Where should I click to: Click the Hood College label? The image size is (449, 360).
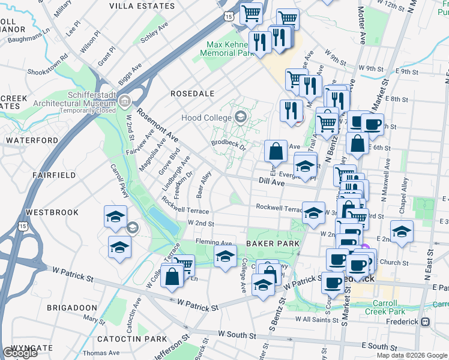point(206,117)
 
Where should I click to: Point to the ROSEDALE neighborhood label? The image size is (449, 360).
point(193,94)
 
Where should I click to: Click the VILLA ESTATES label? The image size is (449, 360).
point(142,5)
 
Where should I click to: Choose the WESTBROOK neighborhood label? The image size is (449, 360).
point(52,212)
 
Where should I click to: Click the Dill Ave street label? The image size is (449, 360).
point(271,181)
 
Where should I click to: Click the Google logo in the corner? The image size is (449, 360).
point(20,353)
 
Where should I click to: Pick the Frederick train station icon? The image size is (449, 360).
point(426,322)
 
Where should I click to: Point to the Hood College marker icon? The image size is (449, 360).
point(241,116)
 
